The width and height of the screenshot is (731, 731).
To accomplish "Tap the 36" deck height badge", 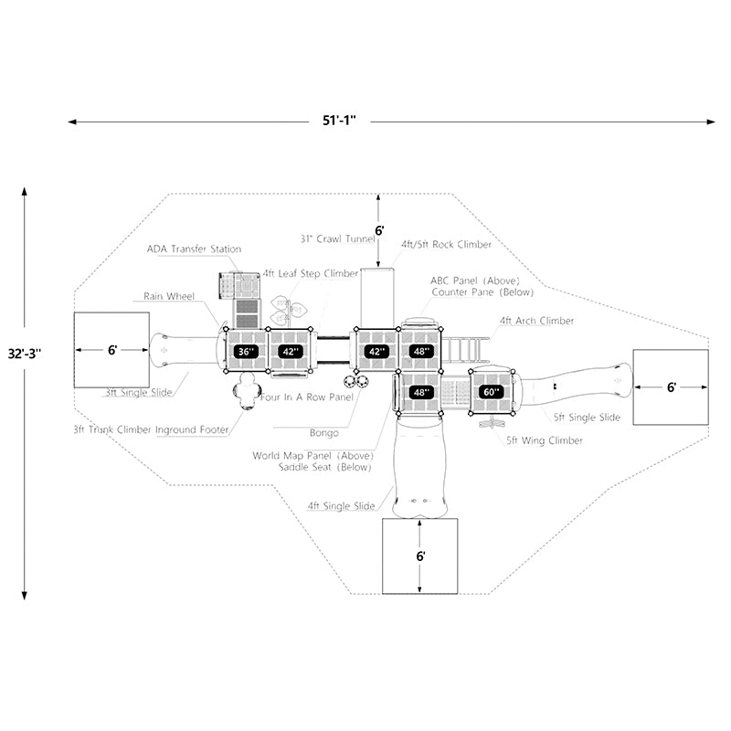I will click(x=245, y=351).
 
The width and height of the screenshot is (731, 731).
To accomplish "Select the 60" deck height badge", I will click(x=492, y=392).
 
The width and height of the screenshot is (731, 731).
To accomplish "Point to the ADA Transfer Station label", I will click(x=194, y=249).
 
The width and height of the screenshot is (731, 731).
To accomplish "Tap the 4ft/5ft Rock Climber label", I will click(x=446, y=245).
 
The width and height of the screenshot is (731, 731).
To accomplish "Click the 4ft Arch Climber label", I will click(x=536, y=321).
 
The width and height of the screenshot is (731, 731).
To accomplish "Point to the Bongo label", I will click(x=323, y=432).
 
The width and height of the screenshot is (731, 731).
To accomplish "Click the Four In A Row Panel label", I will click(x=307, y=398).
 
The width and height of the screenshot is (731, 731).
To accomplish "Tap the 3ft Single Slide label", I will click(x=138, y=393).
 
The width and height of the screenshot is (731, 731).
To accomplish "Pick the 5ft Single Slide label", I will click(x=586, y=418).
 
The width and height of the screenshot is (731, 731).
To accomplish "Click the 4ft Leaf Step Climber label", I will click(x=310, y=273).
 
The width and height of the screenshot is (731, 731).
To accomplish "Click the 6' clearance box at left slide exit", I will click(x=111, y=350).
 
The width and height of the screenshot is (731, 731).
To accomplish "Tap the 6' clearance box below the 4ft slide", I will click(x=419, y=556).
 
